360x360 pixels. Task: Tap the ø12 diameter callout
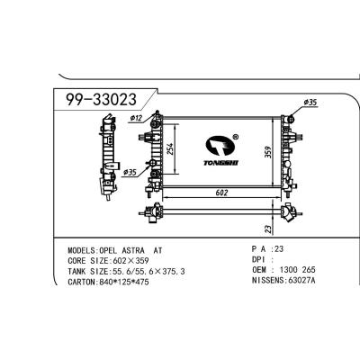coord(137,117)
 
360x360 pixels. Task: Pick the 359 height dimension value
coord(268,153)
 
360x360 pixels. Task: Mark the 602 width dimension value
coord(221,192)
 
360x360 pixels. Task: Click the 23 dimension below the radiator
coord(268,229)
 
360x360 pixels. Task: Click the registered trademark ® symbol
coord(235,138)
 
